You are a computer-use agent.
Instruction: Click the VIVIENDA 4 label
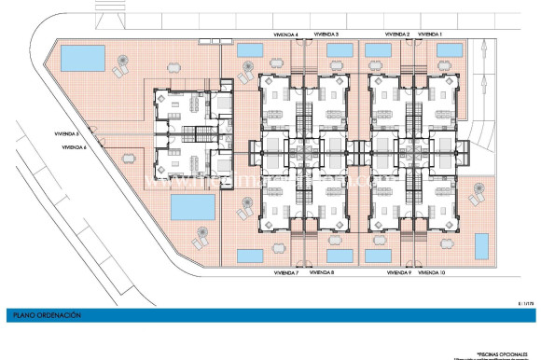285,35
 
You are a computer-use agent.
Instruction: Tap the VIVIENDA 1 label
430,35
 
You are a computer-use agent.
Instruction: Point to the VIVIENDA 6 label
75,147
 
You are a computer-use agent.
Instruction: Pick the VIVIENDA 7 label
285,273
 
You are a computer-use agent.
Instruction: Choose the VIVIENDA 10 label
432,273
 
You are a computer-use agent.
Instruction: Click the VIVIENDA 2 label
396,35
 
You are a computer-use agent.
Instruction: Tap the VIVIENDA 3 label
325,35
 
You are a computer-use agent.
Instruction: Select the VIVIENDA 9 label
397,273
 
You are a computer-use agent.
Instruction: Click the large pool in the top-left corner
81,58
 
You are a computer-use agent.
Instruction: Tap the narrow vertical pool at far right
483,247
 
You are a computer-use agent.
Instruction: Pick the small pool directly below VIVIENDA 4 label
250,49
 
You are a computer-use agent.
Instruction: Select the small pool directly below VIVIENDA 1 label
429,49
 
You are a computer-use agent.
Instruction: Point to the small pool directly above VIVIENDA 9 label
378,256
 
